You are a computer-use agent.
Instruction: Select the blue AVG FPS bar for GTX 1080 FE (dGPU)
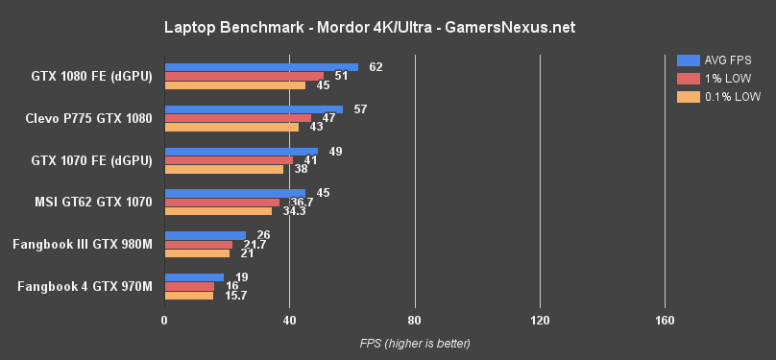click(261, 67)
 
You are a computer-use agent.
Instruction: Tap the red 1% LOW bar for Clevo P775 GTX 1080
click(238, 118)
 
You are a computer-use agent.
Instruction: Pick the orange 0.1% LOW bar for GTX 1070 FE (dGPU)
click(224, 169)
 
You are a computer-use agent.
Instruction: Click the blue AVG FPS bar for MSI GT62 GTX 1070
click(234, 193)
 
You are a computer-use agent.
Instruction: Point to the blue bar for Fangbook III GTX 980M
click(205, 235)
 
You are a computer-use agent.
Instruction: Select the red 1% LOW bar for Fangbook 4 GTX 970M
click(189, 286)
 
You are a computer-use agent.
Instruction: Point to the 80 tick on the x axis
click(414, 320)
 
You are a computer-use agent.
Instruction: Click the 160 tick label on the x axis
click(664, 320)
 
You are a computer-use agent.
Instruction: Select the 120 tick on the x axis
click(539, 320)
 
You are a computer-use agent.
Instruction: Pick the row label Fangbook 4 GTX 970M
click(85, 286)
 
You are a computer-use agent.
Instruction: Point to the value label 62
click(376, 67)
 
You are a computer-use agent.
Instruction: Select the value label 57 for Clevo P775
click(361, 109)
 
